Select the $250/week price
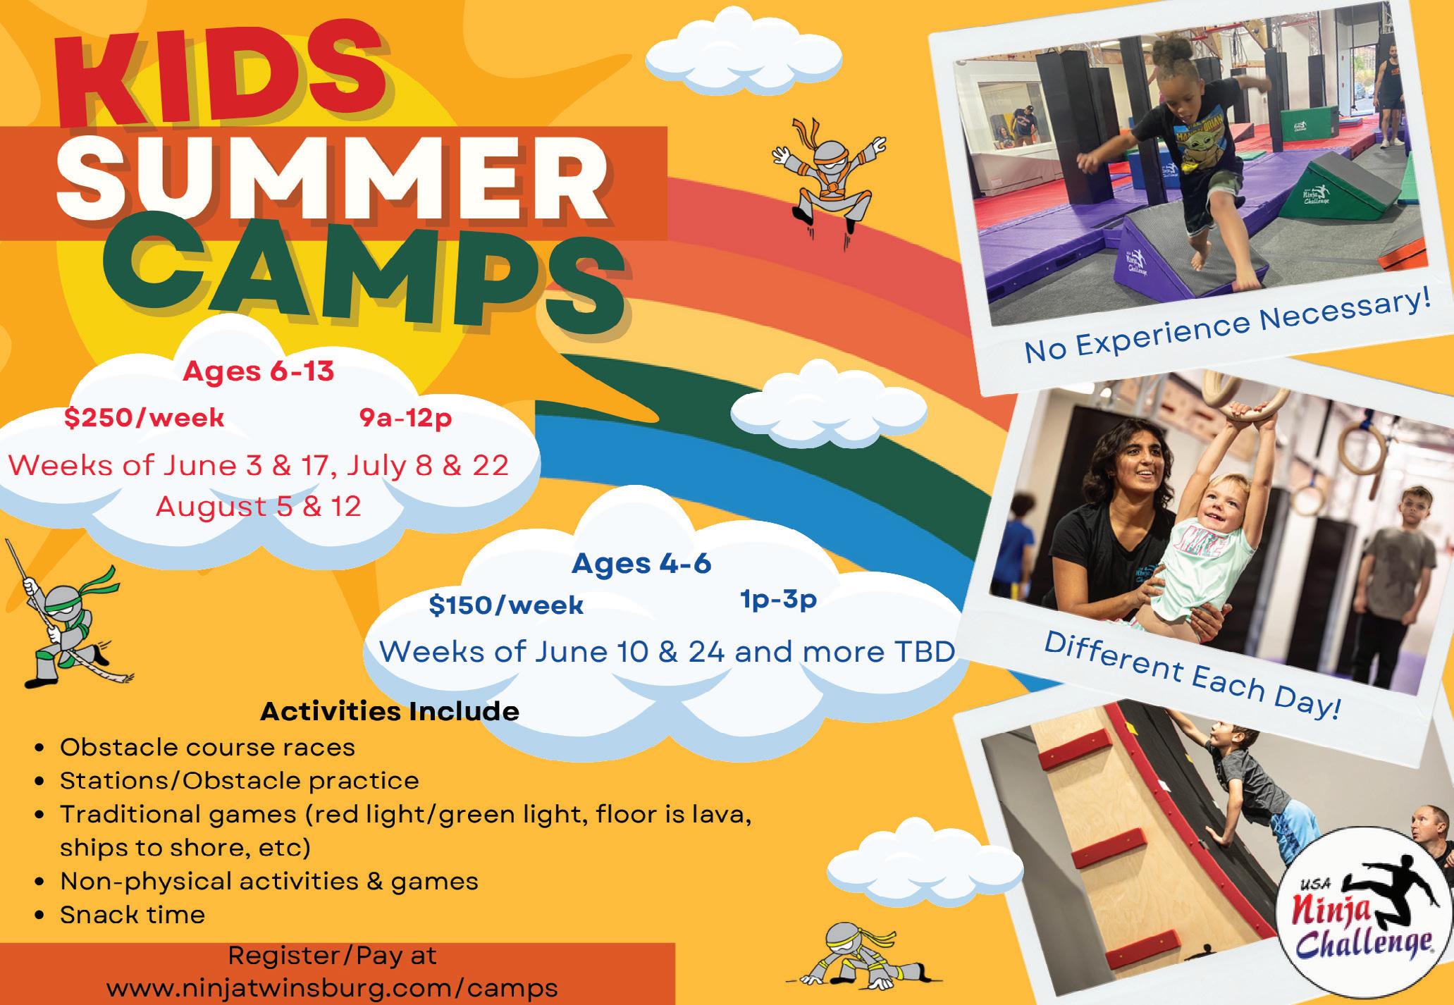click(x=144, y=419)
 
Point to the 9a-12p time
click(x=405, y=419)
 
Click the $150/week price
click(x=506, y=605)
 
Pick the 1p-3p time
click(x=778, y=600)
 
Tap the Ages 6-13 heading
click(x=259, y=371)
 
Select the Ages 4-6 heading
click(x=641, y=564)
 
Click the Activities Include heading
click(x=390, y=712)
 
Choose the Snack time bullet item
click(x=133, y=915)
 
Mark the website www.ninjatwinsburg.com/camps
click(x=332, y=987)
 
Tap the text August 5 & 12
click(x=259, y=506)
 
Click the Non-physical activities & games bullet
click(x=269, y=881)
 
